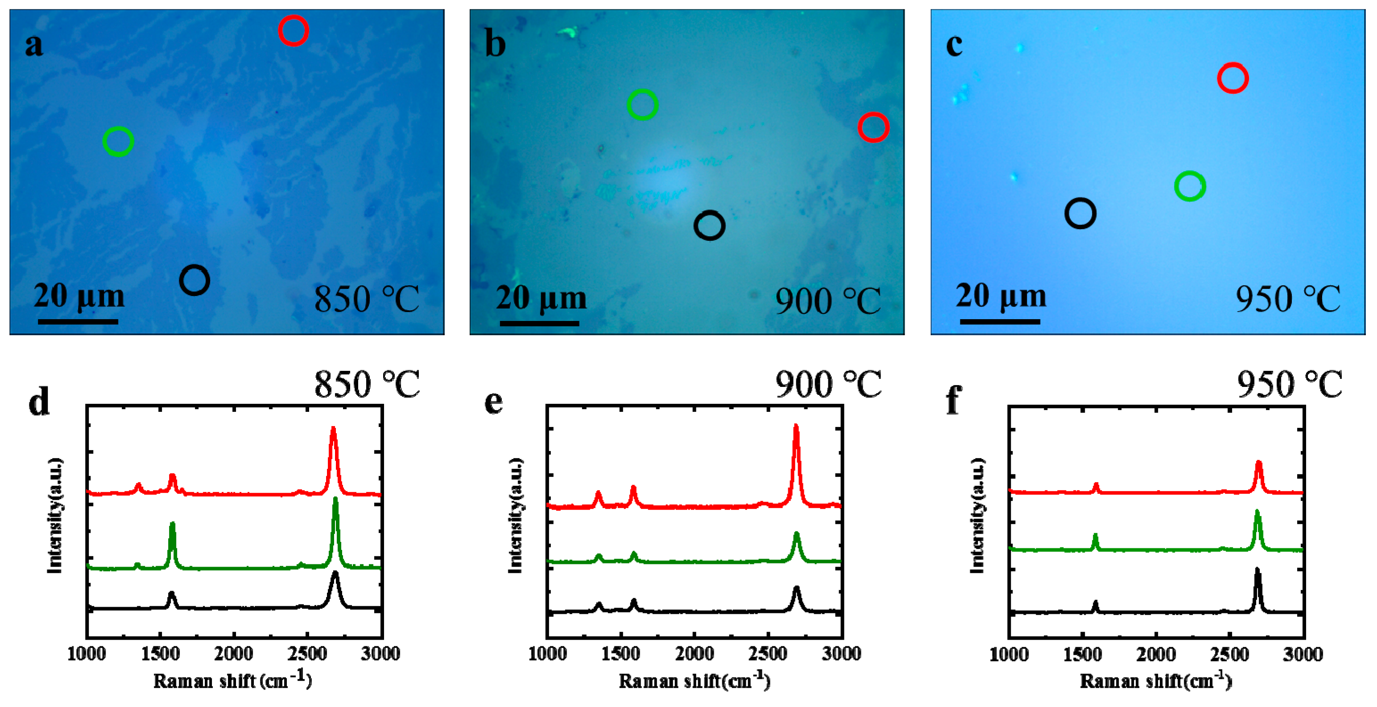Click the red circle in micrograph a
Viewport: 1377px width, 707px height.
coord(293,30)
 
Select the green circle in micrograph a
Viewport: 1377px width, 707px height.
coord(118,141)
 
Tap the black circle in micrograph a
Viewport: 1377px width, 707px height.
coord(194,280)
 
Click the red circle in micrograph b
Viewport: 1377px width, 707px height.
coord(873,127)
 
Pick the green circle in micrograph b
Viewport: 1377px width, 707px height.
coord(642,105)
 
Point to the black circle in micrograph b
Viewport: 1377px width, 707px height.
coord(709,225)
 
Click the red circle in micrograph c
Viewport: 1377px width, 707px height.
coord(1232,78)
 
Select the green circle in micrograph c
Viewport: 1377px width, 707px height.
coord(1189,186)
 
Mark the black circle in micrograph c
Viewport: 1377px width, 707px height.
coord(1080,213)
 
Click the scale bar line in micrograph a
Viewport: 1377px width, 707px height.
coord(78,322)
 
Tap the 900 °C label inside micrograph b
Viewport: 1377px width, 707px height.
coord(828,301)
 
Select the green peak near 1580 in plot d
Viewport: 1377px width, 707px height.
coord(172,526)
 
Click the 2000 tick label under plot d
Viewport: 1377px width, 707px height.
coord(234,653)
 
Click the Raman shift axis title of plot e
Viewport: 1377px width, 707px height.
coord(695,681)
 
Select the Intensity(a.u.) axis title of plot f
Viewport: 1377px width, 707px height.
coord(978,515)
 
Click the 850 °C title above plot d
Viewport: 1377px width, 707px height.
coord(367,384)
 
